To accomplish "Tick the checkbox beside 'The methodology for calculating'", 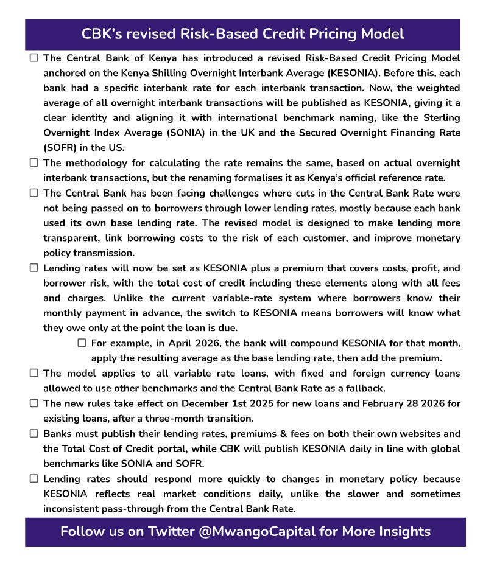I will [x=34, y=162].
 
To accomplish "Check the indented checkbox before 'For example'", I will [x=82, y=343].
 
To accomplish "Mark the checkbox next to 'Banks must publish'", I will [x=34, y=434].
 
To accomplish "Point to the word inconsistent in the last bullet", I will [x=75, y=509].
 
